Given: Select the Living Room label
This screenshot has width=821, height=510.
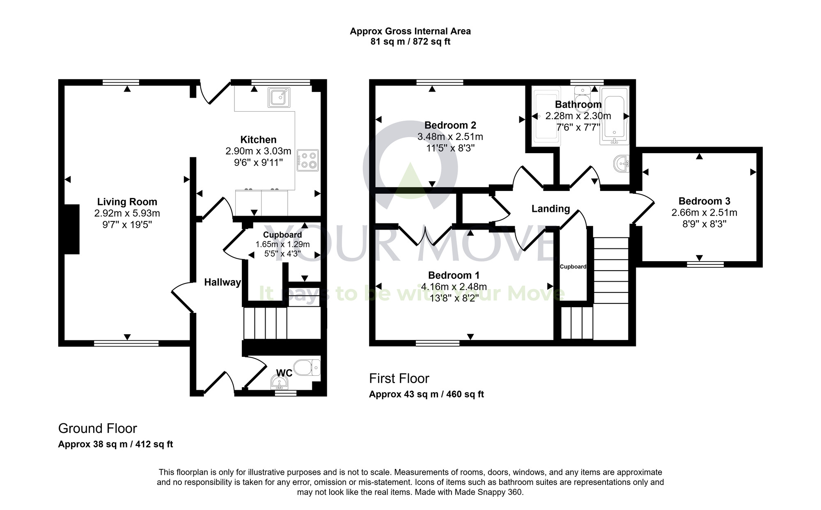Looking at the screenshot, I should click(x=127, y=202).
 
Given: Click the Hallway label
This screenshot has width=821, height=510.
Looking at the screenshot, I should click(x=222, y=282).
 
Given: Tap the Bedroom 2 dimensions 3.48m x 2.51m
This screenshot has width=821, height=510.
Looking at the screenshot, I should click(x=450, y=137).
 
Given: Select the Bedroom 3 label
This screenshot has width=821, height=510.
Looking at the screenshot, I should click(x=704, y=201).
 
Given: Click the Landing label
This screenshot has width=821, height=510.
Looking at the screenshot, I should click(x=550, y=209).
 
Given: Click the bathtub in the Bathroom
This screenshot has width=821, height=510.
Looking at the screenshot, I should click(x=614, y=115).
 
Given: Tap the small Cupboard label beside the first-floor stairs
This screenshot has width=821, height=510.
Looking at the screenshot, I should click(x=573, y=266).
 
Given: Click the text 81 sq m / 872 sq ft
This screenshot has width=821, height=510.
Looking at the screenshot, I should click(x=410, y=42).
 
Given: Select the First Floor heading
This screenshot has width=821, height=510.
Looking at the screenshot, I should click(x=399, y=378).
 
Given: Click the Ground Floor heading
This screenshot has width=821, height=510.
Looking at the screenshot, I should click(x=97, y=428).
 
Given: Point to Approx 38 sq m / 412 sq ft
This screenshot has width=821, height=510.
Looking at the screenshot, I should click(x=115, y=444).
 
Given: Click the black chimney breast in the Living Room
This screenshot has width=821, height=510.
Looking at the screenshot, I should click(x=71, y=229).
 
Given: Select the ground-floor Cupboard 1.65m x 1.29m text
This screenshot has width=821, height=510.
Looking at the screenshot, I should click(x=282, y=244).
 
